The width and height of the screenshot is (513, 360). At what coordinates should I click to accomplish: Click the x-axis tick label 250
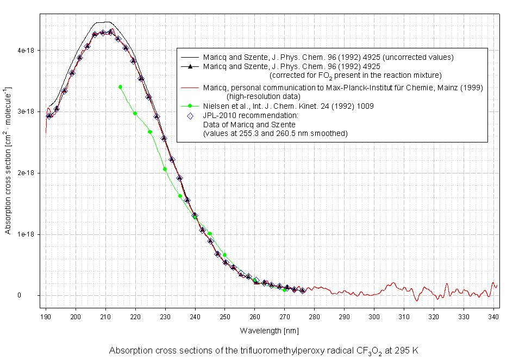(x=225, y=316)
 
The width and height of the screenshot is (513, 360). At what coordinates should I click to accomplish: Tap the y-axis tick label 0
(x=34, y=296)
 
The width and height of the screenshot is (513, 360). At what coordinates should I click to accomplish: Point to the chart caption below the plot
(x=264, y=350)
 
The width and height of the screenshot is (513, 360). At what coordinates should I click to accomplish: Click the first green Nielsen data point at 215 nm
(x=120, y=86)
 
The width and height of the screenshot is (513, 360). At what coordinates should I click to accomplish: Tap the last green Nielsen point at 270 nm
(x=284, y=290)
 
